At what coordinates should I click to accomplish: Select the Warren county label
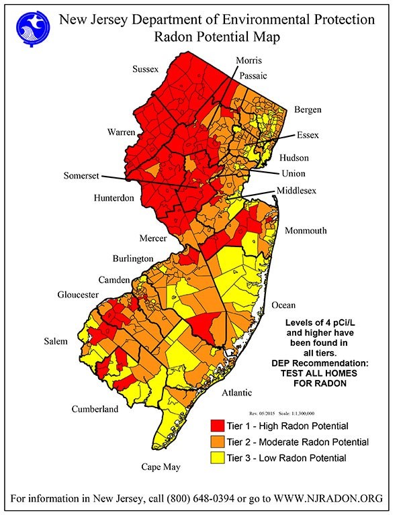click(122, 132)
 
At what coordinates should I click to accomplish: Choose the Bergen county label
click(307, 109)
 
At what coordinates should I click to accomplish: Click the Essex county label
click(307, 135)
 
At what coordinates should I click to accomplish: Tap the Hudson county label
click(294, 158)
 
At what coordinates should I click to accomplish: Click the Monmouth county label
click(306, 230)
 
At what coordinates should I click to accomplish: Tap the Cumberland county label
click(95, 409)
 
